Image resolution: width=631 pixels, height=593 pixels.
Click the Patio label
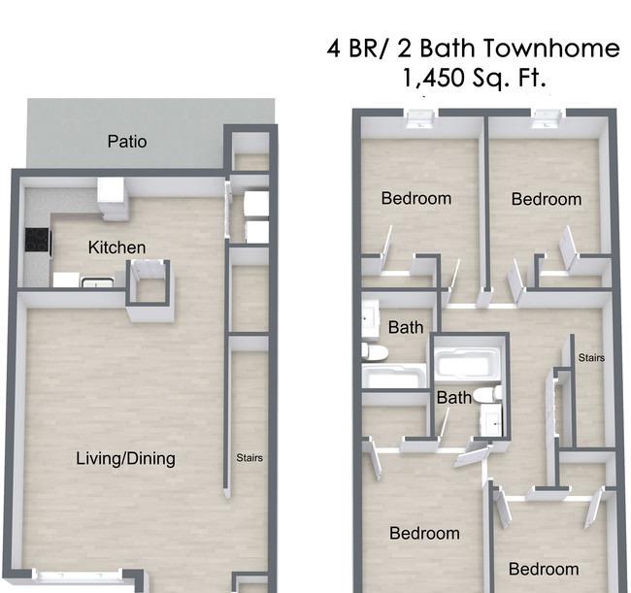pyautogui.click(x=127, y=142)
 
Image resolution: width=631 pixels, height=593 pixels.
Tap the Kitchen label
pyautogui.click(x=116, y=247)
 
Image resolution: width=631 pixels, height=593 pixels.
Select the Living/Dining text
pyautogui.click(x=125, y=459)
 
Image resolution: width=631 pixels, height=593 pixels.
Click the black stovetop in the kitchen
pyautogui.click(x=38, y=240)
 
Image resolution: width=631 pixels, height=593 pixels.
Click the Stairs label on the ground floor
pyautogui.click(x=249, y=458)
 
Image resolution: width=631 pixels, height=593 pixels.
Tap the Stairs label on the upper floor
pyautogui.click(x=591, y=358)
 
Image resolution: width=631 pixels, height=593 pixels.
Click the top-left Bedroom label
pyautogui.click(x=416, y=198)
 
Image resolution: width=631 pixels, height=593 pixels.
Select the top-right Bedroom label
pyautogui.click(x=547, y=199)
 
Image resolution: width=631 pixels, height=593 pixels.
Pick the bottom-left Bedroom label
pyautogui.click(x=424, y=533)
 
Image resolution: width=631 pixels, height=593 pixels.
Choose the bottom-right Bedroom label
pyautogui.click(x=544, y=569)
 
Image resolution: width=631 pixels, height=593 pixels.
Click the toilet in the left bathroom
pyautogui.click(x=375, y=352)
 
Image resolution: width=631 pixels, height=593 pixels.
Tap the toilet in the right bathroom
pyautogui.click(x=488, y=394)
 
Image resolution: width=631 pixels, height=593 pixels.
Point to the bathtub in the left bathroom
pyautogui.click(x=394, y=377)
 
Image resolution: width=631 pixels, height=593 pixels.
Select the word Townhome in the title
pyautogui.click(x=551, y=48)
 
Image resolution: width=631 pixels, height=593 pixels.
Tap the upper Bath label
pyautogui.click(x=406, y=327)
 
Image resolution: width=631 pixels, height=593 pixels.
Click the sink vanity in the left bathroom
pyautogui.click(x=371, y=317)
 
